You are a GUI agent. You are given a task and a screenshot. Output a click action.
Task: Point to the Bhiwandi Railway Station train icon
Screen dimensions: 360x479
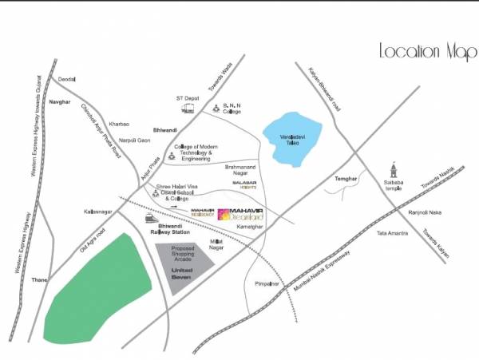149,217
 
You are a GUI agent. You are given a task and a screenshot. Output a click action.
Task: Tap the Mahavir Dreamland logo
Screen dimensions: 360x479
240,215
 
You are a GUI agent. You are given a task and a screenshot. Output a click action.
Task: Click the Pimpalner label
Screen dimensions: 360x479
267,283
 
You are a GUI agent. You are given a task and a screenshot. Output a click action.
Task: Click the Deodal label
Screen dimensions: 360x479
66,79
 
